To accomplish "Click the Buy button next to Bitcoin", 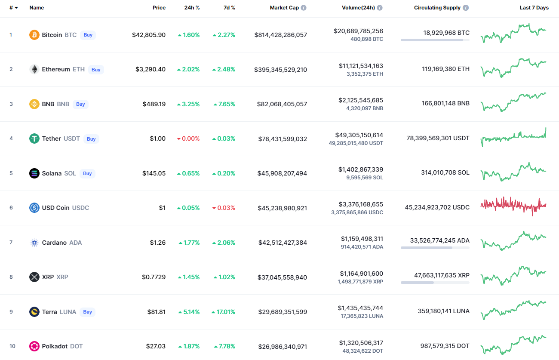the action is point(88,35).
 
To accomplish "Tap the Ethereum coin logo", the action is point(34,69).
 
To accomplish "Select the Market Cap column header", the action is point(284,8).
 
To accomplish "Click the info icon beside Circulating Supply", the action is point(466,8).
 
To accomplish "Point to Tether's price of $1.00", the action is point(157,138).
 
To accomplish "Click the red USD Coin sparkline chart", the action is point(513,206).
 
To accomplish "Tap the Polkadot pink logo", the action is point(34,346).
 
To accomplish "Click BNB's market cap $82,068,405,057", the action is point(282,104).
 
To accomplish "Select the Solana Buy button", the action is point(87,173).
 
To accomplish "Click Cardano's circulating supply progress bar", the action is point(435,248).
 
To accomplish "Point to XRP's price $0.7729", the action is point(154,277).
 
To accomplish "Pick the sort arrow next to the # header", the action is point(16,8).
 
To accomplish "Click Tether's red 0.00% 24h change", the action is point(188,138).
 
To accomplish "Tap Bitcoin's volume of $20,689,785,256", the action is point(358,31).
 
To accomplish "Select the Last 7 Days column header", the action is point(534,8).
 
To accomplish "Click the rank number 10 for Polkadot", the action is point(12,346).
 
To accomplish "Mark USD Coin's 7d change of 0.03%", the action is point(224,208).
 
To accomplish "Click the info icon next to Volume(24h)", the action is point(380,8).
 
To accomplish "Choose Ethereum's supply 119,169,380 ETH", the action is point(446,69).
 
